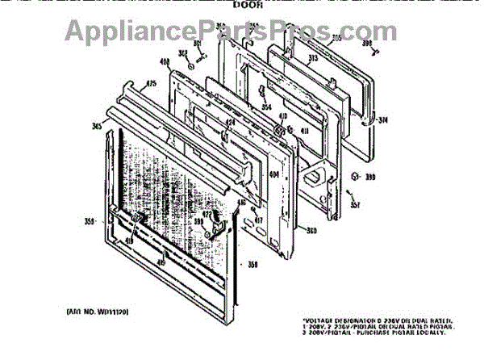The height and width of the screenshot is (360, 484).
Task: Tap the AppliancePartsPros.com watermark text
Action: click(x=242, y=32)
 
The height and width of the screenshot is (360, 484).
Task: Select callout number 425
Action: click(x=151, y=83)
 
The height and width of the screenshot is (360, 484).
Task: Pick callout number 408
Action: click(x=165, y=64)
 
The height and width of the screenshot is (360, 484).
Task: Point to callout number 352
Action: click(x=183, y=54)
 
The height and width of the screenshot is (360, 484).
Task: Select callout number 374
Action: click(x=384, y=121)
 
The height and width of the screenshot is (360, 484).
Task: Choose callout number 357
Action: click(x=356, y=204)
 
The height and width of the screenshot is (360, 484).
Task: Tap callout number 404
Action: click(x=273, y=174)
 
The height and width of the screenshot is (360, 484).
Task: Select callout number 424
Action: click(x=230, y=123)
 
